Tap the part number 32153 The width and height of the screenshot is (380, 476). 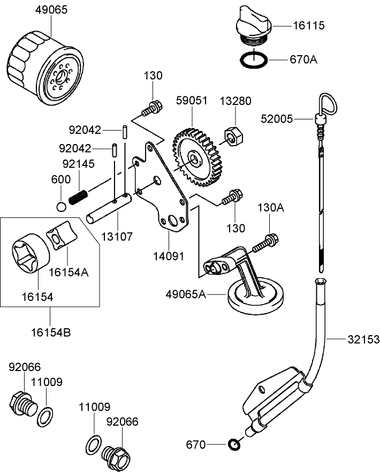[363, 339]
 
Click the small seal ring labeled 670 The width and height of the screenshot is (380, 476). [234, 444]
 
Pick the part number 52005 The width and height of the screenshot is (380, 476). [277, 118]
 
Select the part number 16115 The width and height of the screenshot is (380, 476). [309, 25]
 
